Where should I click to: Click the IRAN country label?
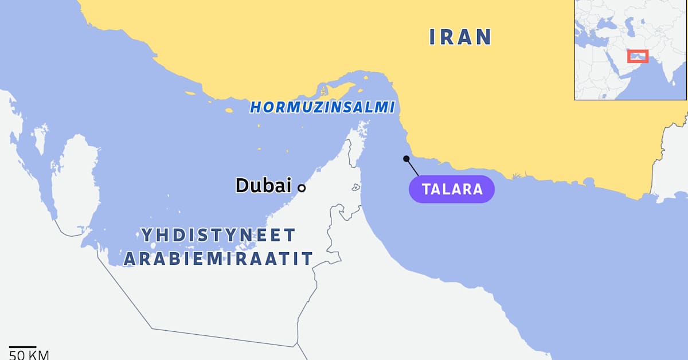[460, 37]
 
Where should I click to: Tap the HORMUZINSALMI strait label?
[322, 107]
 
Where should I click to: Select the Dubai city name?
[263, 185]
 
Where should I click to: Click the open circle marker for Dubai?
[302, 187]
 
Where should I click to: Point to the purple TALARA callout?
[451, 189]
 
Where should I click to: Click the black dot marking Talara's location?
[406, 159]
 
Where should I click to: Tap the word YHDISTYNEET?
[218, 235]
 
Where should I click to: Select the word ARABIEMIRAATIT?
[218, 259]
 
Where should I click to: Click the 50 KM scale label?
[29, 355]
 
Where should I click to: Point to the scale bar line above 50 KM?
[22, 347]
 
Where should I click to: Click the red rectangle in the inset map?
[638, 56]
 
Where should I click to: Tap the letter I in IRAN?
[432, 37]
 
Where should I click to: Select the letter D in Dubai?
[243, 185]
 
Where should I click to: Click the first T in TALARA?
[427, 189]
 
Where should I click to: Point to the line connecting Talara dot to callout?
[413, 167]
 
